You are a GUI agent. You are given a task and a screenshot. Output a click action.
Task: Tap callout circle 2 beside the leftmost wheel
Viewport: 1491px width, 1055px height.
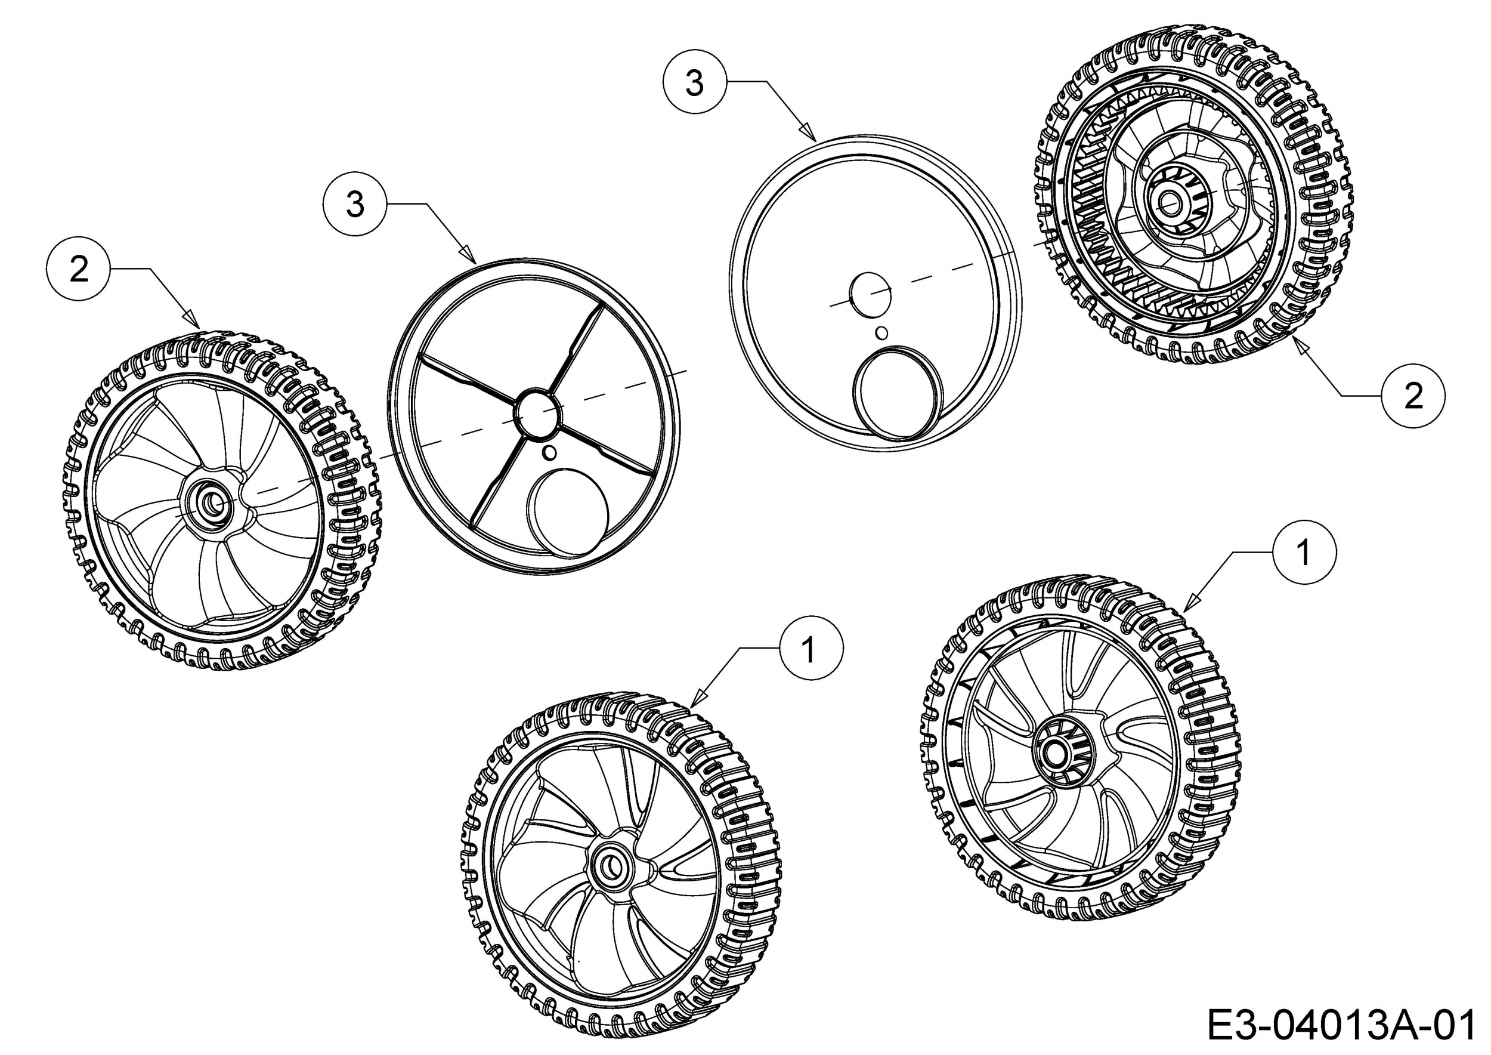(x=79, y=269)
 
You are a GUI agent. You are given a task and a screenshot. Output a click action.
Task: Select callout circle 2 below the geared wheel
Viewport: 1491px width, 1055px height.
(x=1413, y=396)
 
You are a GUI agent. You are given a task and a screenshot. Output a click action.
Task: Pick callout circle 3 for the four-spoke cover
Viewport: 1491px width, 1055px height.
(x=355, y=204)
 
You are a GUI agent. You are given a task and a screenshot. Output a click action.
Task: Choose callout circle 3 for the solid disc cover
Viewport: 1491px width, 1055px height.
(x=694, y=83)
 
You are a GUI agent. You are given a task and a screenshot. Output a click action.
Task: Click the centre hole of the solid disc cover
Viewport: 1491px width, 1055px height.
(x=870, y=295)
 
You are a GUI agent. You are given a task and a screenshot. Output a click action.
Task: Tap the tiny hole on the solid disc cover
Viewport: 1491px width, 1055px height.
(x=881, y=332)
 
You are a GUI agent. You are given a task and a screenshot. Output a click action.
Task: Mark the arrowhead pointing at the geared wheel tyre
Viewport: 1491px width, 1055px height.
(x=1300, y=344)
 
